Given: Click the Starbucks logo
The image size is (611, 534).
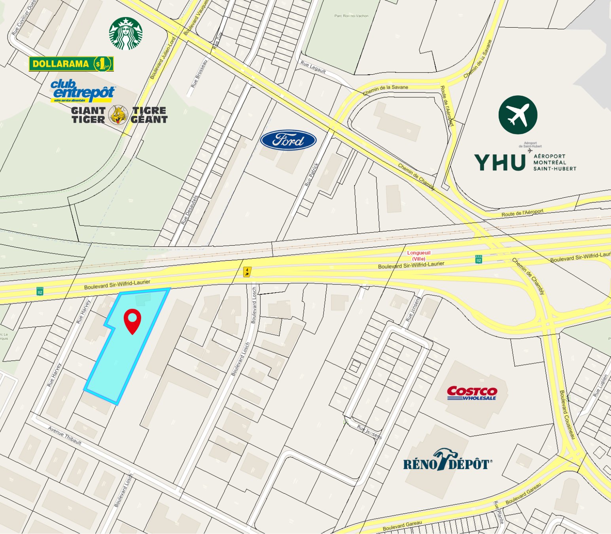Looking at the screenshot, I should point(126,34).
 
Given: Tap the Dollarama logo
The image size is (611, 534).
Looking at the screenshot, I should point(71,64).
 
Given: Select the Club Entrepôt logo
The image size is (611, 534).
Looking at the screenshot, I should point(83,91).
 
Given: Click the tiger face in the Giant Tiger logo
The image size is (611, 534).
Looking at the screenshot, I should point(118,115).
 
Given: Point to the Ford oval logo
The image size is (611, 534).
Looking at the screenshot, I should point(288,140).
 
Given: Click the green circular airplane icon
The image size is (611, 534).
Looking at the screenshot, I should point(518,115).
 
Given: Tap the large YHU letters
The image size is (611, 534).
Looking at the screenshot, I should point(500,162).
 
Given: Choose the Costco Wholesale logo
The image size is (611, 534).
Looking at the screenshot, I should point(472,393).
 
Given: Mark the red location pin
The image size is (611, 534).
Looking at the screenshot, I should point(132,321).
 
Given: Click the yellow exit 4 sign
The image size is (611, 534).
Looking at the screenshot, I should point(247,272).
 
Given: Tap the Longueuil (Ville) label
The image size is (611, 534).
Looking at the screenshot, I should point(419,256).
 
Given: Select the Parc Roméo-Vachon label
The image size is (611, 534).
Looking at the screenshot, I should point(351,16).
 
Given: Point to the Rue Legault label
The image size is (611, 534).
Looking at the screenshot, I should point(313,67).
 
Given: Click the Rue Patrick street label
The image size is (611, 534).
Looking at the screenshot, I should point(312,175).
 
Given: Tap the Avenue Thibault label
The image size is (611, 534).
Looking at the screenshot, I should point(65,436).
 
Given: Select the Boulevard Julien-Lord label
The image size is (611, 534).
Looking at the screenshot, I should point(163,58).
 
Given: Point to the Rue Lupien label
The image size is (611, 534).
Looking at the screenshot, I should point(600,385).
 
